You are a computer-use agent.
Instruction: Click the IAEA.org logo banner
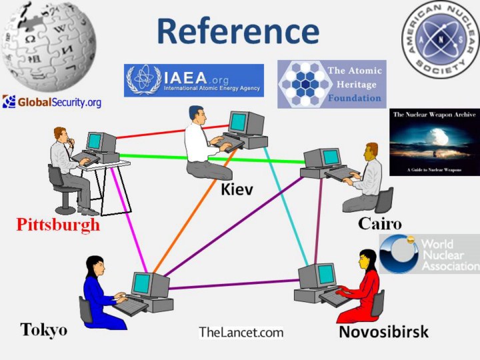pos(193,80)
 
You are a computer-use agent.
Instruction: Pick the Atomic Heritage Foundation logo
pos(331,84)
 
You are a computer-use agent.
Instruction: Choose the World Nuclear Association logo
pos(429,253)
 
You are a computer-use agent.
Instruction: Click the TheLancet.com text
pos(241,333)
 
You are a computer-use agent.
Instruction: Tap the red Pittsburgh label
pos(58,224)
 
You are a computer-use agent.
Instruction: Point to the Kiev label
pos(237,191)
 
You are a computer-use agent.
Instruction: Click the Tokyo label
pos(43,329)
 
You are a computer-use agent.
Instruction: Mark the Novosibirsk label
pos(383,331)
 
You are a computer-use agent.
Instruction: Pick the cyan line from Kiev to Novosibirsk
pos(287,207)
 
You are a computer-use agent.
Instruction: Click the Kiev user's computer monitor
pos(238,122)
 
